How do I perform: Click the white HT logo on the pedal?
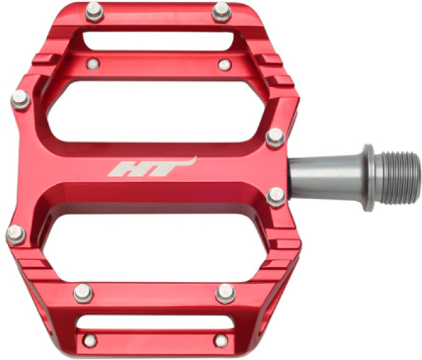click(x=152, y=167)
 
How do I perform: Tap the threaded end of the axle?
click(x=397, y=178)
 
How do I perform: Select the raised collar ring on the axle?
click(x=369, y=178)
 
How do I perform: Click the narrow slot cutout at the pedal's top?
click(x=158, y=41)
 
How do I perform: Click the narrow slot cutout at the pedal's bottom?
click(x=155, y=321)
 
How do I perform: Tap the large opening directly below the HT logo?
click(x=155, y=247)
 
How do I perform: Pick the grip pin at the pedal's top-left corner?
click(x=94, y=12)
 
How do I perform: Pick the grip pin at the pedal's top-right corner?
click(x=222, y=12)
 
